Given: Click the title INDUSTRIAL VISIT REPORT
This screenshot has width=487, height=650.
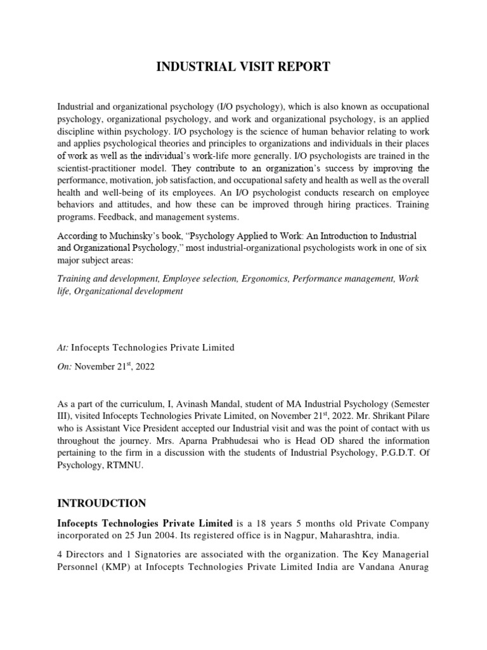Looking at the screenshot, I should pos(243,67).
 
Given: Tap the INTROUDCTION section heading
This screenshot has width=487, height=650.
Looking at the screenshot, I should pos(102,503).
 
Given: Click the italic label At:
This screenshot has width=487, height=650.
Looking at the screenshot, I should pos(63,347).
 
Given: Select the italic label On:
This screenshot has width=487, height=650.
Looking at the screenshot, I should pos(65,367).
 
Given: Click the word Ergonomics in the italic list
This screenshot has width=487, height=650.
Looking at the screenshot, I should pos(265,279).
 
